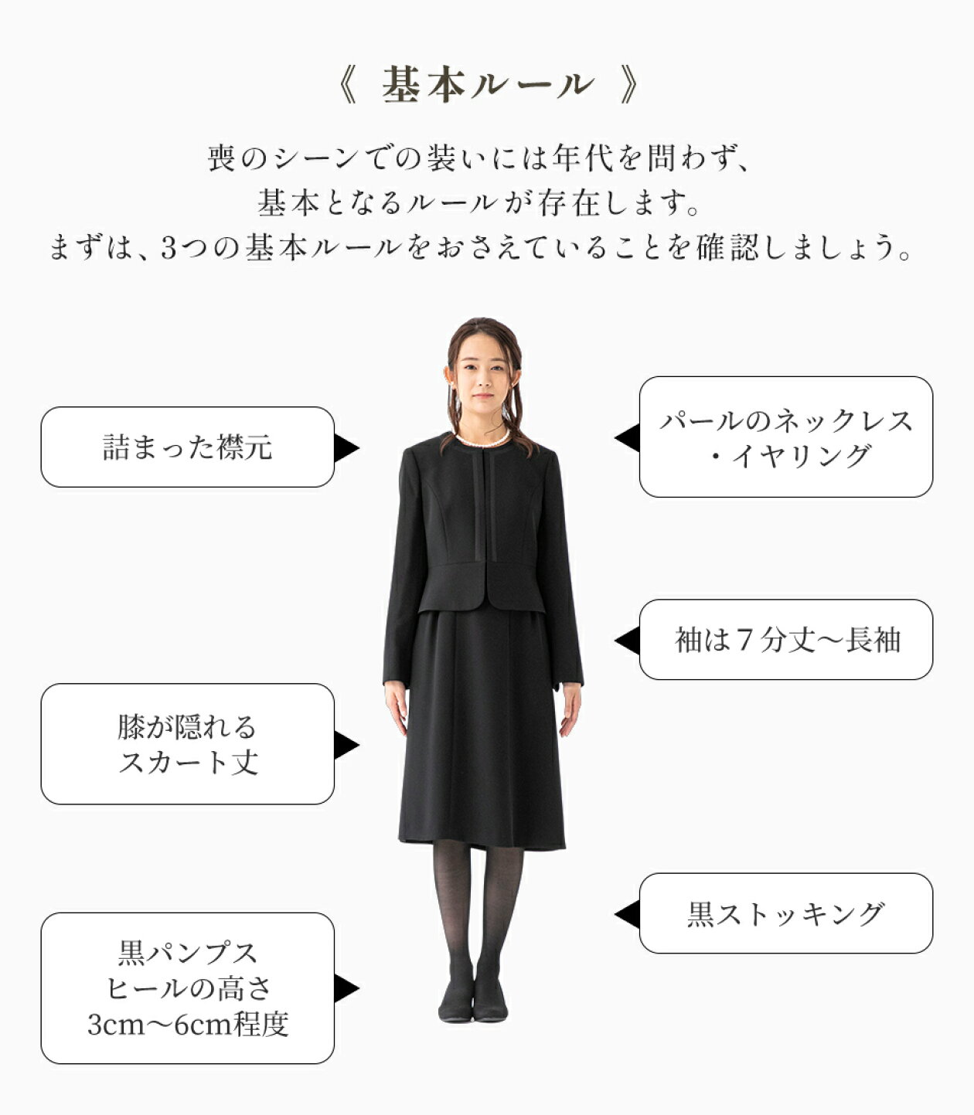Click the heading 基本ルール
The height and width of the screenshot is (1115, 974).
pos(487,86)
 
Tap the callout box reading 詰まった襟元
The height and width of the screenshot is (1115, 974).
pos(188,447)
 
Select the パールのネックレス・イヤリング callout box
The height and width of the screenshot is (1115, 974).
pos(786,437)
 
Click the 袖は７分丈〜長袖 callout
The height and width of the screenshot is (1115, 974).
pos(786,639)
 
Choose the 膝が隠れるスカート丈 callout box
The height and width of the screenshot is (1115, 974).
pos(188,744)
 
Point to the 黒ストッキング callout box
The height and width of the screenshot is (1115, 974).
pos(786,914)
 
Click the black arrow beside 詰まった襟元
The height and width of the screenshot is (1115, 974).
pos(346,448)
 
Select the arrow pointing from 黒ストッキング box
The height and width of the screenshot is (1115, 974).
pos(627,914)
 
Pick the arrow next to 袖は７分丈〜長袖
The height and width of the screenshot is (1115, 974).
pos(627,641)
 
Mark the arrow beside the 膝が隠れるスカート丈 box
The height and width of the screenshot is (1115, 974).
pos(346,745)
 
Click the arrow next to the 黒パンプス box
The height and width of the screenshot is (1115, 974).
pos(346,988)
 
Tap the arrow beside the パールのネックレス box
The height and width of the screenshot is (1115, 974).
pos(627,437)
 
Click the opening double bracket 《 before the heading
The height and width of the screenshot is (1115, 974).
pos(346,86)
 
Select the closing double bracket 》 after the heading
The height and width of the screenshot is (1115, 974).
pos(628,86)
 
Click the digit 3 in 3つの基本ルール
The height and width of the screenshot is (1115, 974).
pos(169,248)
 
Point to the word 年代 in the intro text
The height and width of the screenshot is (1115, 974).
pos(583,158)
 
